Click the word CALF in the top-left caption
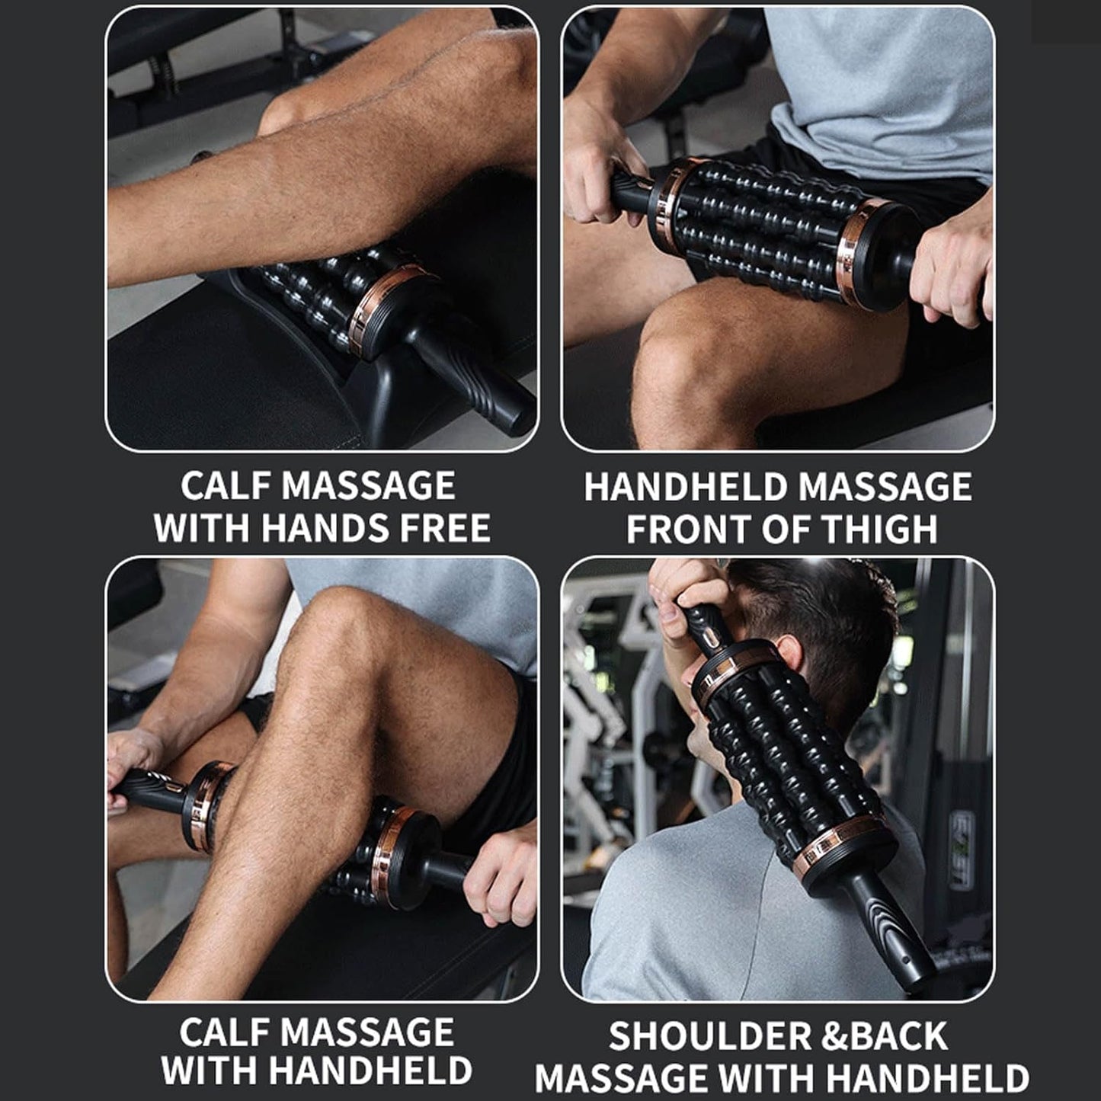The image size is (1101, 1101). click(226, 486)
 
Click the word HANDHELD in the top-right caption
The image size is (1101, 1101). click(686, 487)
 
